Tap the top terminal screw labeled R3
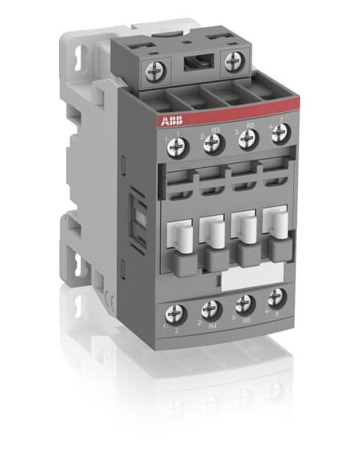pyautogui.click(x=212, y=143)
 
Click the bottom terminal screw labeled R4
pyautogui.click(x=210, y=309)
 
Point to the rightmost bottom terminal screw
pyautogui.click(x=276, y=299)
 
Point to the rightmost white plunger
pyautogui.click(x=276, y=223)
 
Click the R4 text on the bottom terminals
pyautogui.click(x=212, y=325)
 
